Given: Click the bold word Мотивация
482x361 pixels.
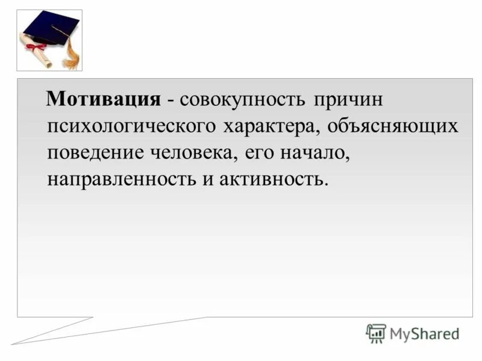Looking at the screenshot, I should pos(104,99).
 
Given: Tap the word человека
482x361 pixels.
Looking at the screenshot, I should pos(193,152).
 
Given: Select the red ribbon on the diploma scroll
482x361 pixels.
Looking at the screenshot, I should pos(37,47).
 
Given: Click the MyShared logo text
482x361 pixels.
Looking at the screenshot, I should pos(424,333).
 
